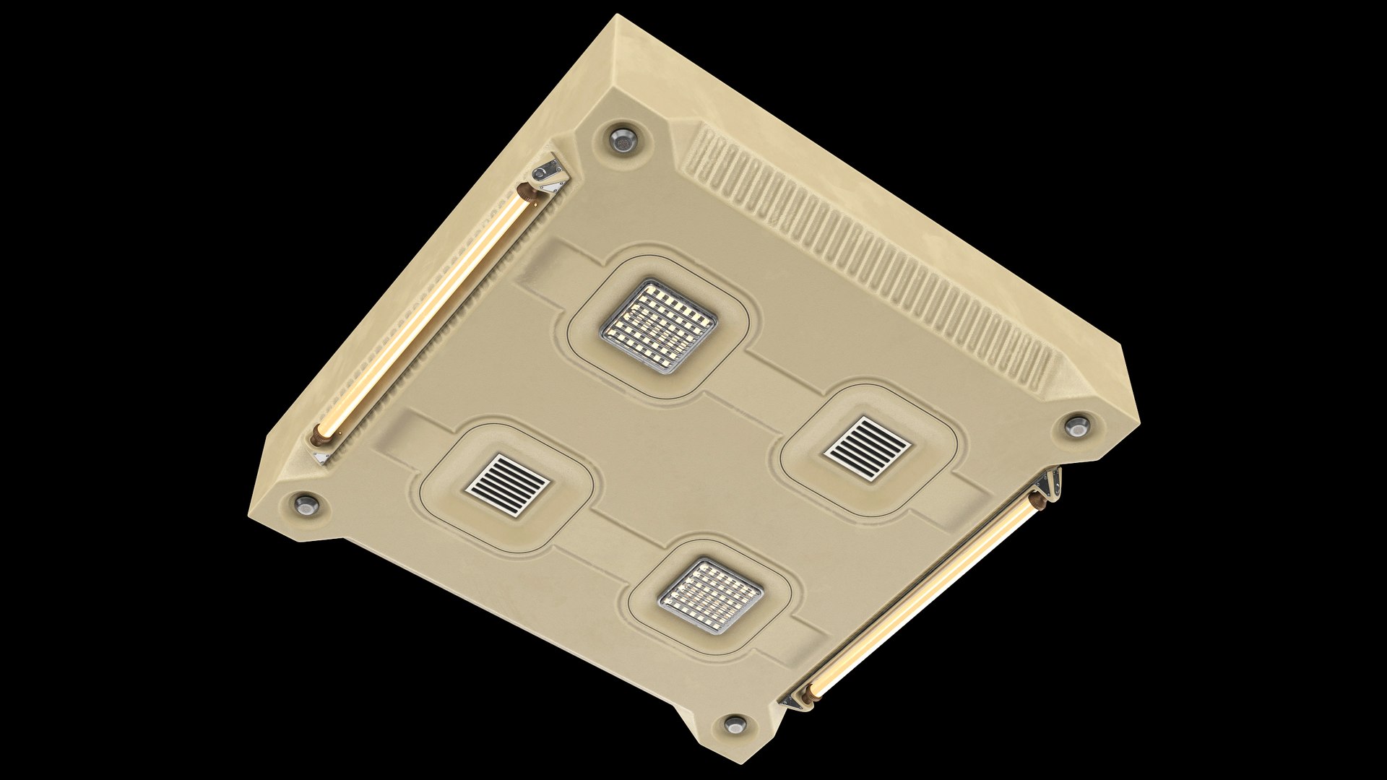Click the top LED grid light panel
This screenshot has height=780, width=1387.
(x=658, y=326)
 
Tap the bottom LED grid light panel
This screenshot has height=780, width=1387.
(x=712, y=596)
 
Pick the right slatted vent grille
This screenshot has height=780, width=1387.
(x=867, y=451)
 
